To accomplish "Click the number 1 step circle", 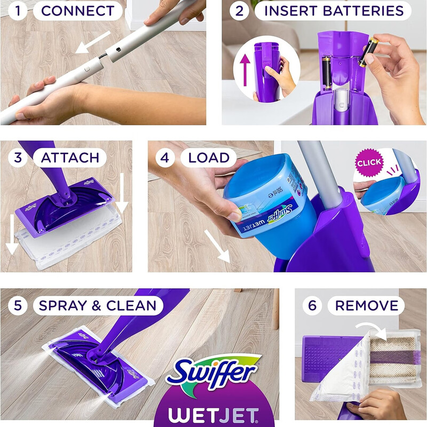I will tap(17, 11).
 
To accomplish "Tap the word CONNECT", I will tap(77, 11).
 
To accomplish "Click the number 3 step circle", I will tap(17, 157).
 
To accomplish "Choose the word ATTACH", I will tap(70, 157).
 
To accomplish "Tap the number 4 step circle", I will tap(165, 157).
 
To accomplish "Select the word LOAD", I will tap(209, 157).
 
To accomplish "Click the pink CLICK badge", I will tap(369, 162).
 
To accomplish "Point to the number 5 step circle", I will tap(17, 305).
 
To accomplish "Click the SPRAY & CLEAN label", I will tap(97, 305).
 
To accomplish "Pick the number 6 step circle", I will tap(312, 305).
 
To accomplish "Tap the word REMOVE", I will tap(367, 305).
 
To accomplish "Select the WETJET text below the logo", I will tap(213, 413).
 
